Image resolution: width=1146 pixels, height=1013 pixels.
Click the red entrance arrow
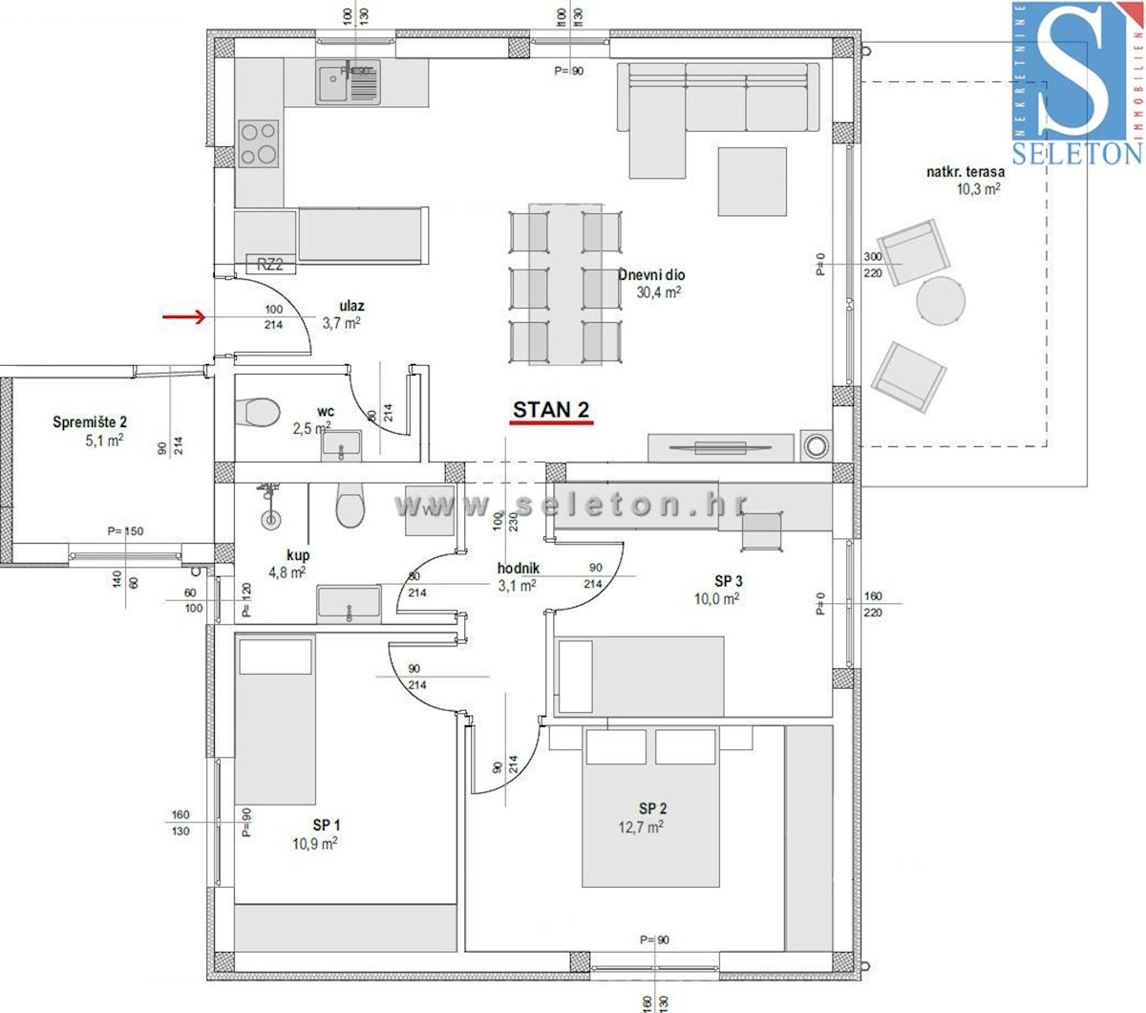(183, 317)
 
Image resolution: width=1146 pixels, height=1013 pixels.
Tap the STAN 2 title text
(551, 410)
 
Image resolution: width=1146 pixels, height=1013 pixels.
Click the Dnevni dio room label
(652, 275)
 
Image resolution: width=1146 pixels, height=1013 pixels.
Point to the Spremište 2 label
(90, 421)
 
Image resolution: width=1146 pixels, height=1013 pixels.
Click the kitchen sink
(348, 82)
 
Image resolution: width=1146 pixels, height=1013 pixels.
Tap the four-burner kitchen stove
(259, 144)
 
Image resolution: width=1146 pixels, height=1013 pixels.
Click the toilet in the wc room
(257, 412)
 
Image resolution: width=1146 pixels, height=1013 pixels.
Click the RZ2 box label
(270, 265)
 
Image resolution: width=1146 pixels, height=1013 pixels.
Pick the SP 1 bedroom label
(327, 825)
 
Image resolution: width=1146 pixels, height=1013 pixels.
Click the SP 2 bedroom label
(653, 808)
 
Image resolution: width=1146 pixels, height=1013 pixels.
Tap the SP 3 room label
(729, 580)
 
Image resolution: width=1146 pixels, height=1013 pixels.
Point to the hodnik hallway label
(518, 569)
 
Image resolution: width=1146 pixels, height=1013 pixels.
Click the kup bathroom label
(298, 555)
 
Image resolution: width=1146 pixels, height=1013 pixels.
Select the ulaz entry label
(351, 306)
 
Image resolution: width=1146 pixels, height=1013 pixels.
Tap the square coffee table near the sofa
(752, 182)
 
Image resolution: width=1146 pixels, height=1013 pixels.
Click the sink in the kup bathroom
(349, 604)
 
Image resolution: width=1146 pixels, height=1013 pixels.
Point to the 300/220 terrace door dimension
(873, 265)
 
